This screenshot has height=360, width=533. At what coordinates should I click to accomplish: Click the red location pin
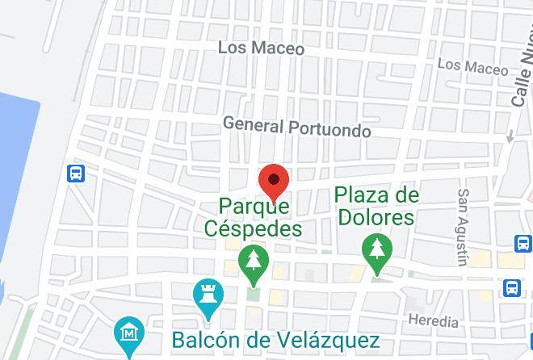pos(274,181)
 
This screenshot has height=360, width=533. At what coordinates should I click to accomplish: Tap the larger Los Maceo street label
pos(261,48)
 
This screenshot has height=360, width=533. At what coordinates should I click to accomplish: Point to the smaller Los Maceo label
pos(472,64)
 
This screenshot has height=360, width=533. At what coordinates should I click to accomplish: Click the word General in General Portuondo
pos(253,125)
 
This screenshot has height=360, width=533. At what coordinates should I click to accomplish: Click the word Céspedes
pos(254,228)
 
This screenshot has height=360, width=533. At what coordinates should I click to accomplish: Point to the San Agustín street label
pos(463,227)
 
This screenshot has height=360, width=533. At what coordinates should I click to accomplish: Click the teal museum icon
pos(128,332)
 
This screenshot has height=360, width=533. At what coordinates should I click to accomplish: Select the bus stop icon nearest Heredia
pos(512,287)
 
